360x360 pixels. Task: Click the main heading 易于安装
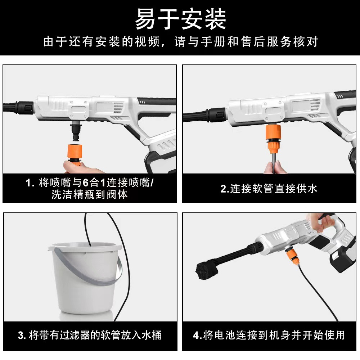point(180,19)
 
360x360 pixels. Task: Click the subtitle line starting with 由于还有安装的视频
point(180,42)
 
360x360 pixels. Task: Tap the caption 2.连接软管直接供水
point(269,189)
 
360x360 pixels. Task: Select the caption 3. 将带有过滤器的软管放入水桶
point(90,335)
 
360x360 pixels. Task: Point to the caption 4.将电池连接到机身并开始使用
point(269,335)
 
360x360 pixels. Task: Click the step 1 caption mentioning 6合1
point(90,189)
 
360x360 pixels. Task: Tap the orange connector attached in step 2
point(273,140)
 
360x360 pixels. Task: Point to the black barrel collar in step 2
point(217,114)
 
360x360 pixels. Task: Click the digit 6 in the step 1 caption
point(85,183)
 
